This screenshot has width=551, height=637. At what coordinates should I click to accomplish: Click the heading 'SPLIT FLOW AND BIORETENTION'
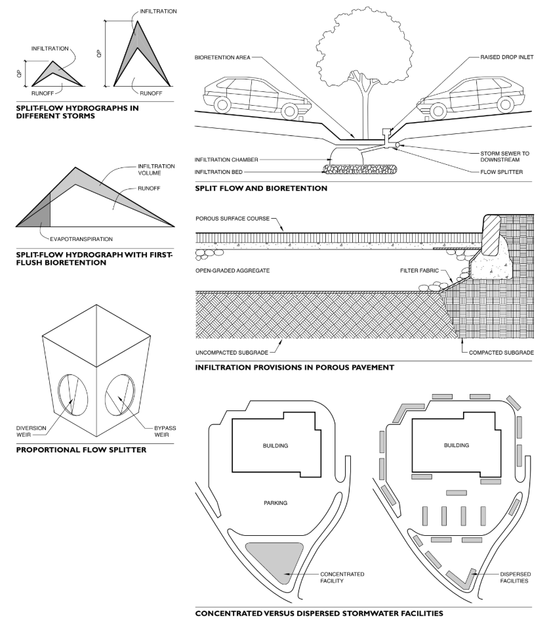click(261, 188)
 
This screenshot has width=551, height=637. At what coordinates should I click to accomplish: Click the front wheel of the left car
click(222, 104)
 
